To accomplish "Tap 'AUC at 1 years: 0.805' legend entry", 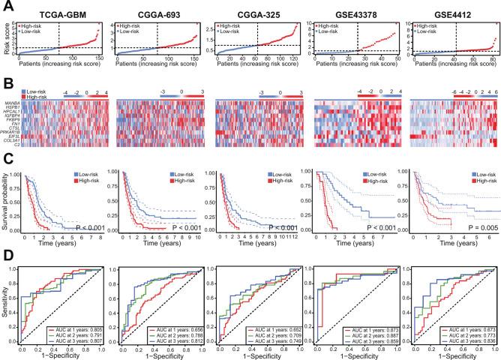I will pyautogui.click(x=72, y=330).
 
